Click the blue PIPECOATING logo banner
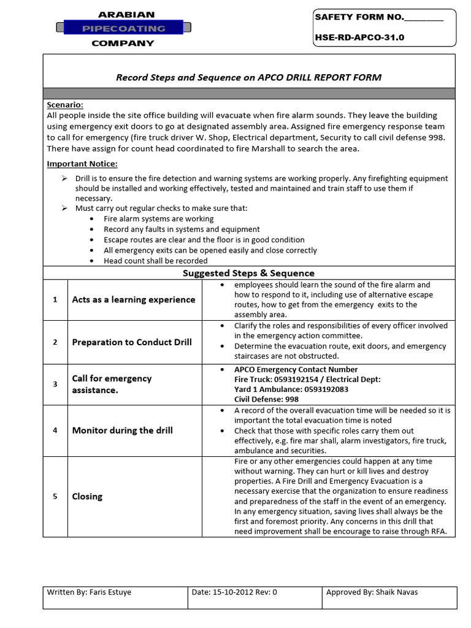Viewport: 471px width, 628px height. point(123,28)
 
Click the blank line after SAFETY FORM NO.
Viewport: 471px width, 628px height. point(424,18)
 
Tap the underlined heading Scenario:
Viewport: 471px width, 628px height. point(65,105)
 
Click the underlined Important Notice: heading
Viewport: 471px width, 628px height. point(82,164)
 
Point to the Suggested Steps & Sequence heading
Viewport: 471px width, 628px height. point(248,273)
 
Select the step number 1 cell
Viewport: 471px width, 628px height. point(55,299)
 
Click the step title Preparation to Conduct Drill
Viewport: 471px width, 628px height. point(132,342)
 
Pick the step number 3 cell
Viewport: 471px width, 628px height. point(55,384)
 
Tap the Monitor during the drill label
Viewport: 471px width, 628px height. point(122,430)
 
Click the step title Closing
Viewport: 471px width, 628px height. point(87,496)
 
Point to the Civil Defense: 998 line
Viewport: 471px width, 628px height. point(267,399)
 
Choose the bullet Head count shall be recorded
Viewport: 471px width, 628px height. point(156,261)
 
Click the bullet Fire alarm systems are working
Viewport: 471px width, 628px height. point(159,218)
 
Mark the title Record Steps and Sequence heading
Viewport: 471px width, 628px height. point(248,77)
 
